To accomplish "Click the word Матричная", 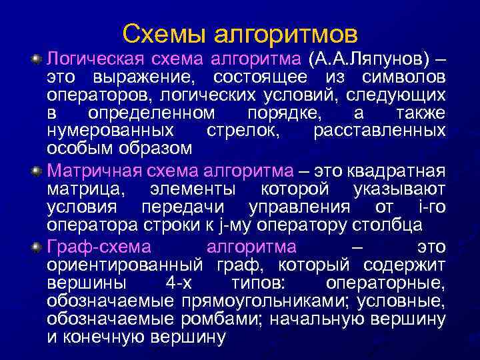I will pos(84,172).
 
